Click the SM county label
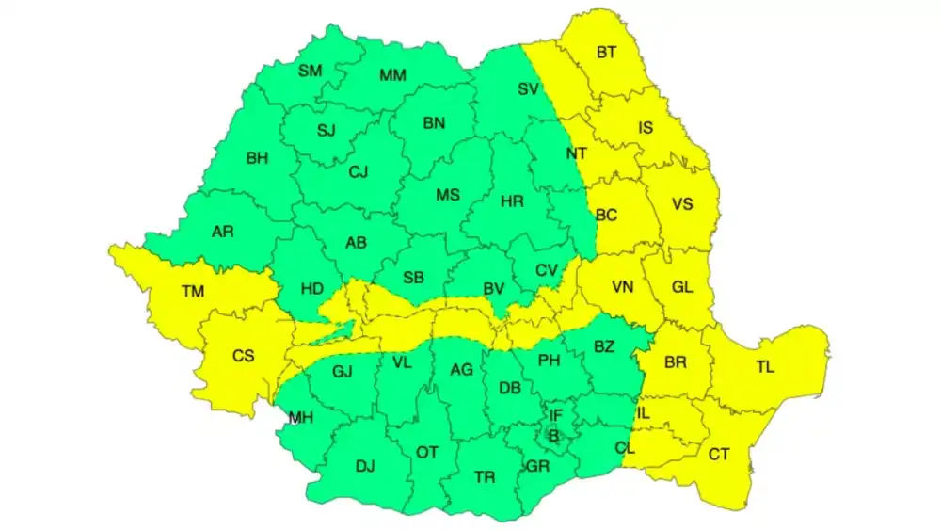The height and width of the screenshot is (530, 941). coord(310,71)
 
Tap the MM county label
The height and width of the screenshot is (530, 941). coord(392,75)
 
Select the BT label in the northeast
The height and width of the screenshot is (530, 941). coord(607,53)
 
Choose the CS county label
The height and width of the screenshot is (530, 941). coord(243,356)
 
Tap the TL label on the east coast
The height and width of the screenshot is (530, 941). coord(764,367)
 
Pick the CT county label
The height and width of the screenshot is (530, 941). coord(719,455)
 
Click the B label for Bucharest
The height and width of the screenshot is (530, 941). coord(553,435)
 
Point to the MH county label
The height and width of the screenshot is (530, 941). coord(301,418)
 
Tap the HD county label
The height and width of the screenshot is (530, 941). coord(311,288)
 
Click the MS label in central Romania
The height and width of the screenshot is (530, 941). coord(448,195)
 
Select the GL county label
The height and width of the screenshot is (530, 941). coord(681,287)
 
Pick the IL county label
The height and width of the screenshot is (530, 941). coord(644,413)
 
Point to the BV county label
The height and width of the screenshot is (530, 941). coord(494,290)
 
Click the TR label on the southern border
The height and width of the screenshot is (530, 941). coord(485,477)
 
